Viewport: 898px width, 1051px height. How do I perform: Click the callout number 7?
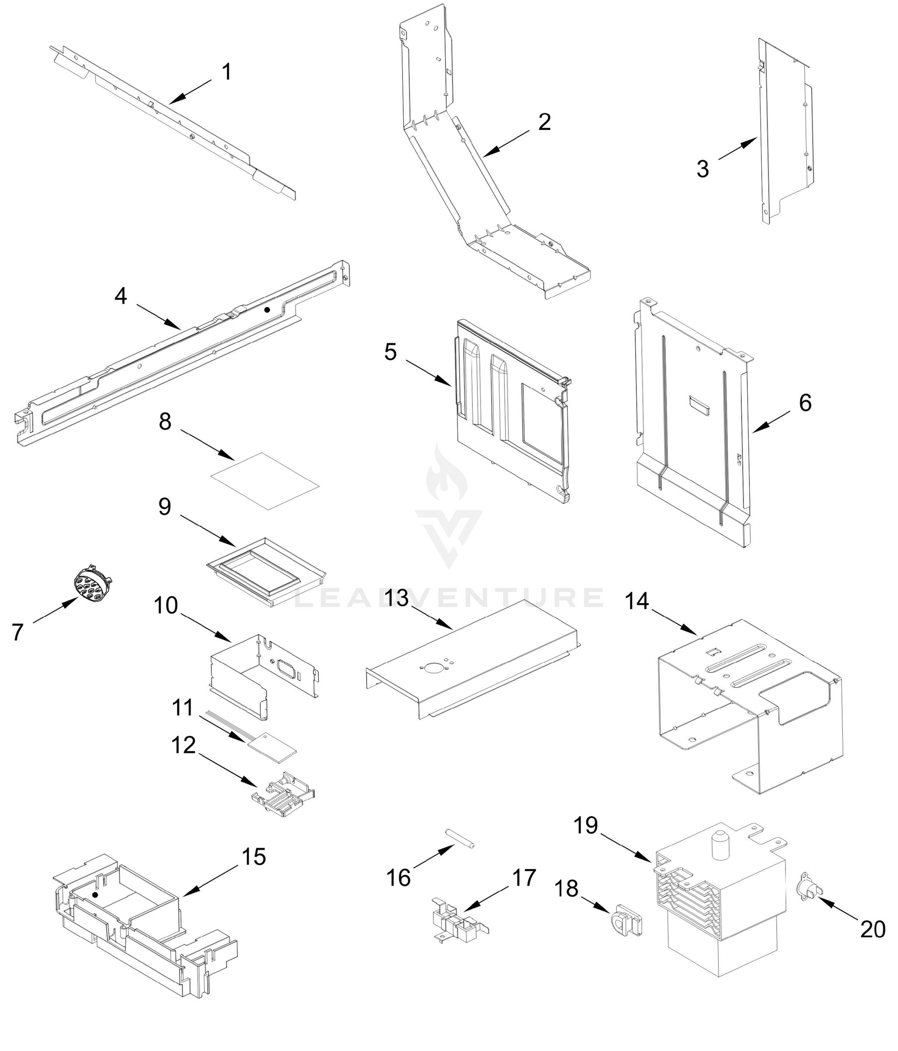click(x=18, y=632)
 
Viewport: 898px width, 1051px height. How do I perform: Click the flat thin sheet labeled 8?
click(x=265, y=480)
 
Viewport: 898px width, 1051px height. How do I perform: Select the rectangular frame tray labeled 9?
click(x=266, y=571)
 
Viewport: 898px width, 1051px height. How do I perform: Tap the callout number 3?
click(x=702, y=169)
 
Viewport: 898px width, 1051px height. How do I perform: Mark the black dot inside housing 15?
click(x=95, y=895)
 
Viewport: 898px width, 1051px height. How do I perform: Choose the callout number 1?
click(x=227, y=71)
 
